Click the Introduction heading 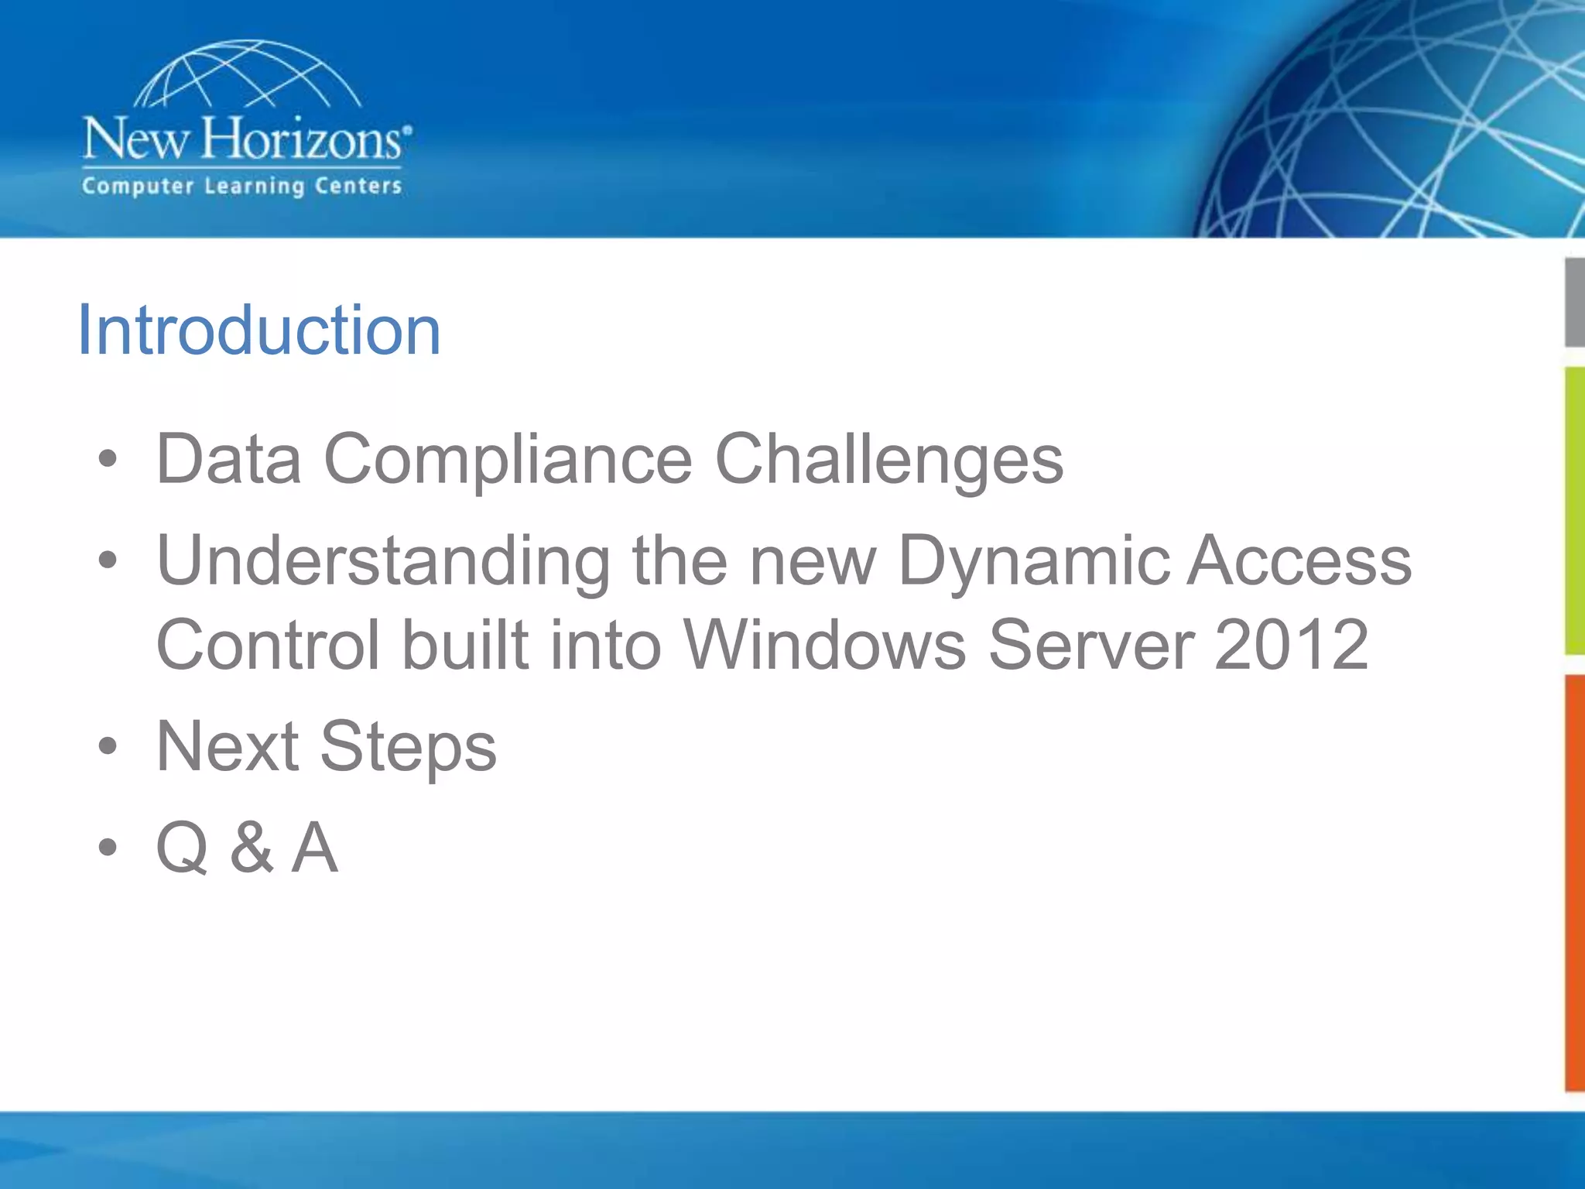point(259,331)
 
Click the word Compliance point(507,461)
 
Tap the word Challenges point(888,461)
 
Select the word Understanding point(384,561)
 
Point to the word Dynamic point(1034,561)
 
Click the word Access point(1299,561)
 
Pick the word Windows point(825,645)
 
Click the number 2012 point(1292,645)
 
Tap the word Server point(1092,645)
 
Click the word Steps point(408,748)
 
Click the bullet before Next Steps point(108,747)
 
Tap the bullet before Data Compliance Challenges point(108,459)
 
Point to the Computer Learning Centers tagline point(242,187)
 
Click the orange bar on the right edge point(1574,882)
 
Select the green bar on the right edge point(1574,511)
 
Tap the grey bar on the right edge point(1574,303)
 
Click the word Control point(268,645)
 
